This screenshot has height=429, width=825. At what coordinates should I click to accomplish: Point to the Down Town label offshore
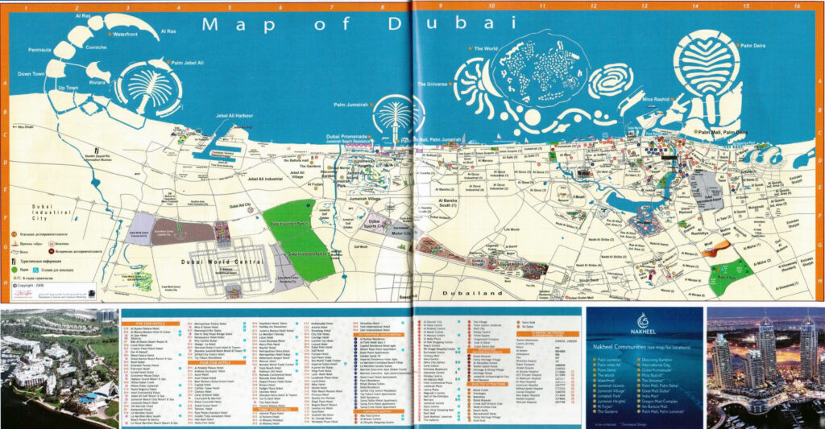coord(31,73)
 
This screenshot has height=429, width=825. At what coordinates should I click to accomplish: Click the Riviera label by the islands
coord(97,80)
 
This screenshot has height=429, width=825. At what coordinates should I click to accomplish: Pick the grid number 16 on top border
coord(796,6)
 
